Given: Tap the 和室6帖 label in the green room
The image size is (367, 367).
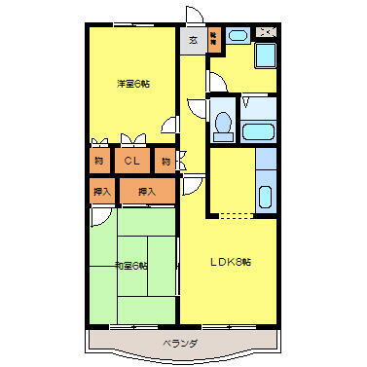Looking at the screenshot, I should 130,266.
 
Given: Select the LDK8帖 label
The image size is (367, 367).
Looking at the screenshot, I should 233,261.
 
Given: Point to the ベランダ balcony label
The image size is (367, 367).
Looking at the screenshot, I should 180,343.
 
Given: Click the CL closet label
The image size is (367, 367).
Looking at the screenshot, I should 131,161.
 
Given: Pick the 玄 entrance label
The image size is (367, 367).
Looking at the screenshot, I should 192,41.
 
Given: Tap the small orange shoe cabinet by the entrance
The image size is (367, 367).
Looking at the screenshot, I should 213,41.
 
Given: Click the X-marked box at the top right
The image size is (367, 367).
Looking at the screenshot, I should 266,33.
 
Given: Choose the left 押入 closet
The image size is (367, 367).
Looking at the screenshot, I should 100,191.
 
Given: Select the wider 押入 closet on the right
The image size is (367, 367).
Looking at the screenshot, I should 147,191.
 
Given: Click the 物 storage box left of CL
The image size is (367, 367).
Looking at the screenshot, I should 99,161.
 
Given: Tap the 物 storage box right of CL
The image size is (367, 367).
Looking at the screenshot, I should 166,161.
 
